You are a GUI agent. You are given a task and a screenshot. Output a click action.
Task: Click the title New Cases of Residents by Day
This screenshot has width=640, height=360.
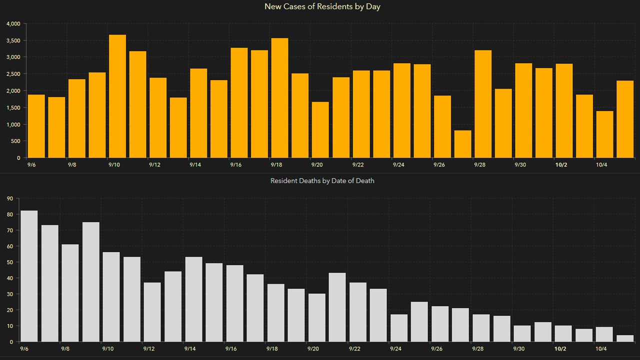point(322,7)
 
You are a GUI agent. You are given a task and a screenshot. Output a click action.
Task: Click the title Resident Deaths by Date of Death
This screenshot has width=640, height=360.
point(322,180)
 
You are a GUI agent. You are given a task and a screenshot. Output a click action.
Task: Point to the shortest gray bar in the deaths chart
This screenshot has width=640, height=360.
point(625,338)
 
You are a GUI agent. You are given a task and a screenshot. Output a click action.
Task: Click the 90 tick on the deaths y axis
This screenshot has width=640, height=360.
point(9,198)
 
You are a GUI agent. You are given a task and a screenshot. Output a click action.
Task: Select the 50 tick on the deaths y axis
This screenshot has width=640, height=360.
point(9,262)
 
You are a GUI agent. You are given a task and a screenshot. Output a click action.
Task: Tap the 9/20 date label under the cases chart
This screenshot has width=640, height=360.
point(316,165)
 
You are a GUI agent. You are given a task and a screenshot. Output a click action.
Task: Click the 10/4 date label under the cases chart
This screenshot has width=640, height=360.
point(601,165)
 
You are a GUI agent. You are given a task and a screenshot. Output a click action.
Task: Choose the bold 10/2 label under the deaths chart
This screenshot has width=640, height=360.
point(560,349)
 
